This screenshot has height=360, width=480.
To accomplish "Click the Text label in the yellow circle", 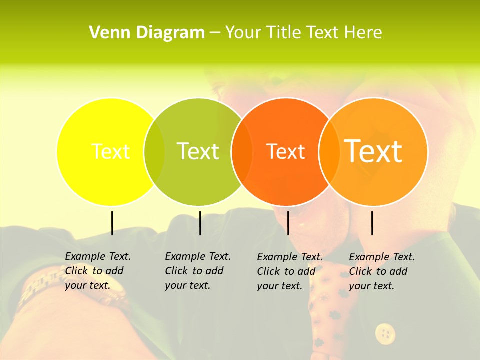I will coord(110,151).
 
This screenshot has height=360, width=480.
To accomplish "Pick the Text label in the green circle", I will coord(198,151).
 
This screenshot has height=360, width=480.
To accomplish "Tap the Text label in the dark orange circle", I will coord(286,151).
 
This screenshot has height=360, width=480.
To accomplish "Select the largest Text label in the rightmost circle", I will coord(373,151).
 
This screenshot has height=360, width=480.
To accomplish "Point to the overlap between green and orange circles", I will coord(242,151).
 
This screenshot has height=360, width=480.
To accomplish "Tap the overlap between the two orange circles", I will coord(329,151).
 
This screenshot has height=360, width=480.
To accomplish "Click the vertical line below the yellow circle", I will coord(112,223).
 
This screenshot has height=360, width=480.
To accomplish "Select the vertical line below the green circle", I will coord(200,223).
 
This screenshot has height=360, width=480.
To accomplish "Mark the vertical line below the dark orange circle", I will coord(288,223).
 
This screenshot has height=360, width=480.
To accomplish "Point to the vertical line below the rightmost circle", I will coord(372,223).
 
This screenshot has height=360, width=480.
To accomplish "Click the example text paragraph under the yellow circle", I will coord(98,271).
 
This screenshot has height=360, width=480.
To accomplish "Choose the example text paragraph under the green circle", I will coord(198,271).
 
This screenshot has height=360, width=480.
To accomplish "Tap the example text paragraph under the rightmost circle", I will coord(382,271).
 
